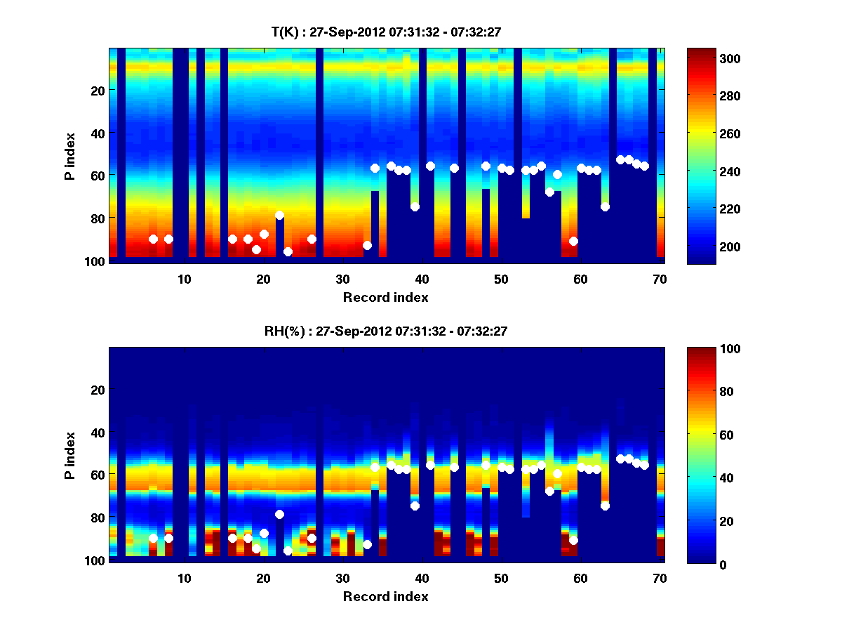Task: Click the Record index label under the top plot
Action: (x=385, y=297)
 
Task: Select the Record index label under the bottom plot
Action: (x=385, y=596)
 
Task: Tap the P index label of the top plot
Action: (x=69, y=156)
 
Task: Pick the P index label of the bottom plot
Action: (x=69, y=455)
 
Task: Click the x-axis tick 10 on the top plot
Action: (x=184, y=278)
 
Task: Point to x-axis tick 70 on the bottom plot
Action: (x=660, y=578)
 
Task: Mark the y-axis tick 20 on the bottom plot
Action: (x=98, y=390)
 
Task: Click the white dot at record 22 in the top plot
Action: (x=279, y=215)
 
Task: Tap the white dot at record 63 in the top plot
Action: (x=605, y=206)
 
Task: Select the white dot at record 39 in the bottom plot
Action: (x=415, y=506)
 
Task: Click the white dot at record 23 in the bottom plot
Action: (x=288, y=551)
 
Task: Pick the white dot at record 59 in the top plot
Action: (x=573, y=241)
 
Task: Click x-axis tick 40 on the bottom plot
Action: (x=422, y=578)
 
